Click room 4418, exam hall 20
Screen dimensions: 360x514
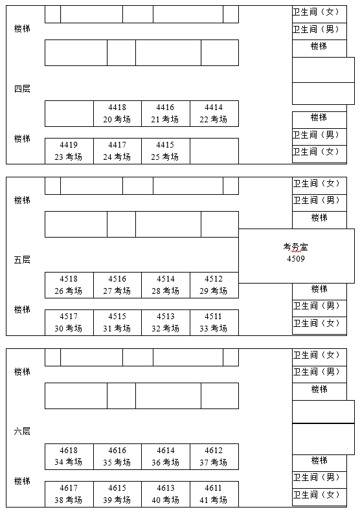pos(117,113)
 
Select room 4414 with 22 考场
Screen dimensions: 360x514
pos(214,113)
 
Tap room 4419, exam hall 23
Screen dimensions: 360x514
pos(69,151)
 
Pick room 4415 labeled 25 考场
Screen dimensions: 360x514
pos(165,151)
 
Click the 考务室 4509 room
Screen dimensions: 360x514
pos(296,253)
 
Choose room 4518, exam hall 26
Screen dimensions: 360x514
pos(69,285)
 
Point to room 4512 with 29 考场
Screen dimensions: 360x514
pos(214,285)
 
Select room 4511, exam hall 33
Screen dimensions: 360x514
pos(214,322)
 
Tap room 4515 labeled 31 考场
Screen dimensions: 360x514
pos(117,322)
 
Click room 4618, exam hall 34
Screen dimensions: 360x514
pos(69,456)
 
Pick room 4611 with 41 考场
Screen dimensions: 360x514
pos(214,494)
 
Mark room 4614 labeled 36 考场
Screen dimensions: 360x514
pos(165,456)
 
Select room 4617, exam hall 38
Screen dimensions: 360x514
pos(69,494)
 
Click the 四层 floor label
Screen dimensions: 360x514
pos(22,89)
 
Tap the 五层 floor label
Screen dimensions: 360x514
pos(22,260)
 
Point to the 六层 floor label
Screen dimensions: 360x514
pos(22,431)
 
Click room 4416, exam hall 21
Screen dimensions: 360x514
pos(165,113)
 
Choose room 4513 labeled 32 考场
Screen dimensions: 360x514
pos(165,322)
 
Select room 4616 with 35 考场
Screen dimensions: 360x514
pos(117,456)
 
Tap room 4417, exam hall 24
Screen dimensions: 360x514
pos(117,151)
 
